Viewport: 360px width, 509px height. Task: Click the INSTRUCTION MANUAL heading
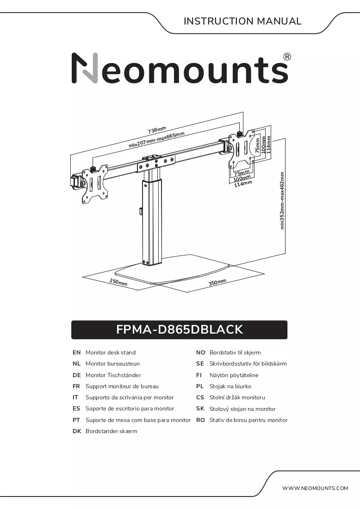pyautogui.click(x=242, y=21)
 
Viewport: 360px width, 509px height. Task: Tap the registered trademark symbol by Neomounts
pyautogui.click(x=287, y=57)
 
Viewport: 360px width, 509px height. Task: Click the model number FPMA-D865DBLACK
pyautogui.click(x=180, y=329)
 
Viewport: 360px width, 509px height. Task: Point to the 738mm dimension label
pyautogui.click(x=157, y=130)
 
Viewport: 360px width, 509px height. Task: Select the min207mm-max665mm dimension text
pyautogui.click(x=157, y=140)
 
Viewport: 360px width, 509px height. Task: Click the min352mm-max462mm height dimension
pyautogui.click(x=282, y=201)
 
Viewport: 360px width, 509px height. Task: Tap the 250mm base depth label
pyautogui.click(x=118, y=282)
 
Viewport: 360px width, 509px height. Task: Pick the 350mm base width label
pyautogui.click(x=217, y=282)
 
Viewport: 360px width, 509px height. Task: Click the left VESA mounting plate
pyautogui.click(x=95, y=184)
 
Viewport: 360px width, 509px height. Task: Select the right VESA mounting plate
pyautogui.click(x=242, y=148)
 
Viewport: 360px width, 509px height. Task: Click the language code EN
pyautogui.click(x=77, y=353)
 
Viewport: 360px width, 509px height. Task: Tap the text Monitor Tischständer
pyautogui.click(x=113, y=375)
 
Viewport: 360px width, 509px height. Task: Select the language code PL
pyautogui.click(x=200, y=386)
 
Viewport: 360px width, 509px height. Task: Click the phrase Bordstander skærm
pyautogui.click(x=112, y=431)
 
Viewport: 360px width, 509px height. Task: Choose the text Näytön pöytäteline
pyautogui.click(x=234, y=375)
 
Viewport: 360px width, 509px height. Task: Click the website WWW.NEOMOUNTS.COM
pyautogui.click(x=315, y=488)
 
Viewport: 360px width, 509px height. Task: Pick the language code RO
pyautogui.click(x=200, y=420)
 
